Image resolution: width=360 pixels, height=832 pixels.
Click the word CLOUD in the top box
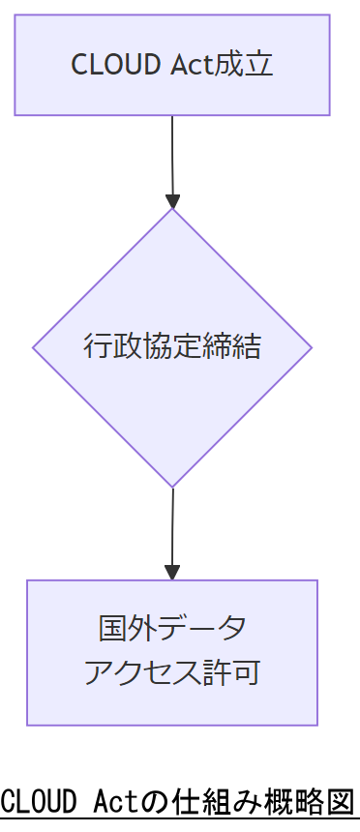104,65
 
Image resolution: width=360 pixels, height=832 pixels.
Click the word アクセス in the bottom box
135,672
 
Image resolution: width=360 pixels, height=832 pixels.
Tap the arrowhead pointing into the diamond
172,201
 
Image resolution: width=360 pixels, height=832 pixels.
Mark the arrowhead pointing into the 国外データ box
172,573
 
